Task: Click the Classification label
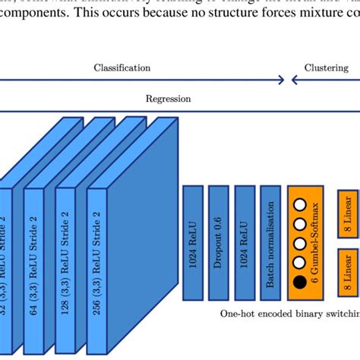tap(122, 68)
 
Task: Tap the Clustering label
tap(327, 68)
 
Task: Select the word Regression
tap(169, 98)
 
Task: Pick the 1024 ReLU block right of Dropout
tap(245, 241)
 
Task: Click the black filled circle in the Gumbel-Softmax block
tap(299, 284)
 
